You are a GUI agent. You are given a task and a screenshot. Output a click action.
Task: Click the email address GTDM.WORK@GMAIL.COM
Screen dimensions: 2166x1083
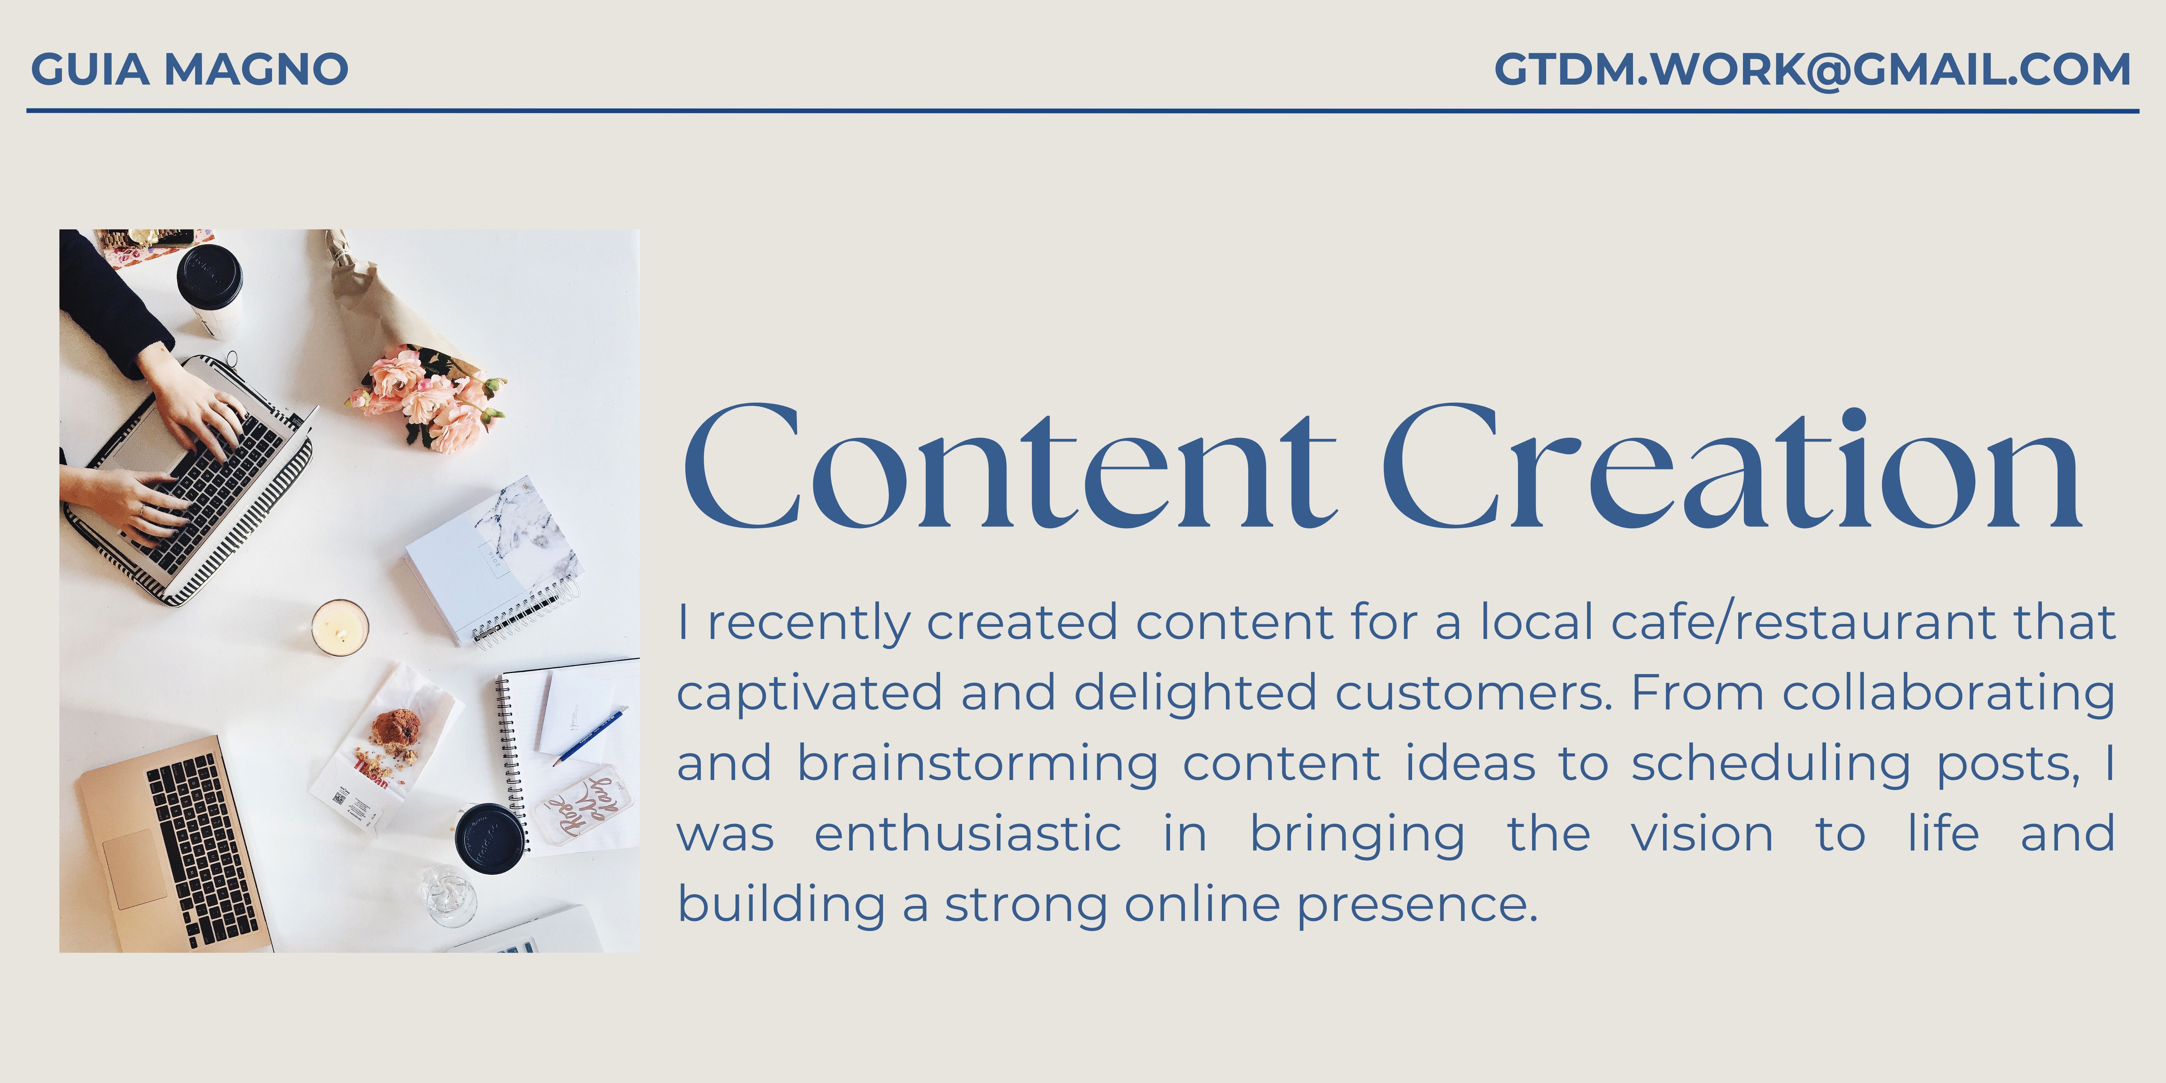(x=1812, y=69)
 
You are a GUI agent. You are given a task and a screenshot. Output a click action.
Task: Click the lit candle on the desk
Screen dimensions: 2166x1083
(x=340, y=627)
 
